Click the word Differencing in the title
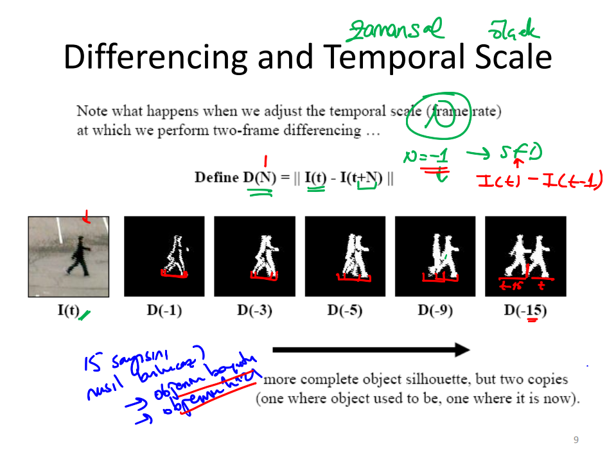(x=155, y=58)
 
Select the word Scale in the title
(x=513, y=58)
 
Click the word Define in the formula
(x=216, y=178)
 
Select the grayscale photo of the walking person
(x=67, y=256)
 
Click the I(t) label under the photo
(x=68, y=311)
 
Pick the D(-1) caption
(x=164, y=311)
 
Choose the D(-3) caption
(x=254, y=311)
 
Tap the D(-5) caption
(x=345, y=311)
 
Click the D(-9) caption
(x=436, y=311)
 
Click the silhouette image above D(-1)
(x=164, y=256)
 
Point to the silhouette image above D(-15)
(x=525, y=256)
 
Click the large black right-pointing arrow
(x=371, y=350)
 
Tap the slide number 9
(x=576, y=440)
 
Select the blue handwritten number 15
(x=91, y=364)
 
